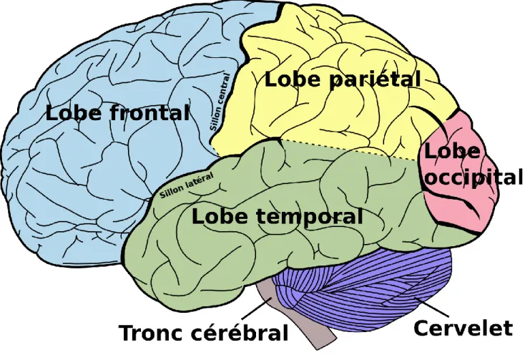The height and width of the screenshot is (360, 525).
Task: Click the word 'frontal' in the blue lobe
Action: coord(150,112)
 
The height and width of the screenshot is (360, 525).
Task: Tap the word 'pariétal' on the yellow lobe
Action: coord(375,79)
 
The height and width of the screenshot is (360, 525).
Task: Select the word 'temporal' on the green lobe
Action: coord(310,215)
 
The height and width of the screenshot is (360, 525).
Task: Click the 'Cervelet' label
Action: coord(463,327)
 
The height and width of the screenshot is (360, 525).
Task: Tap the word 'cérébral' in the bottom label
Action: coord(240,333)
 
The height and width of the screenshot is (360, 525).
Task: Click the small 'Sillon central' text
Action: coord(220,102)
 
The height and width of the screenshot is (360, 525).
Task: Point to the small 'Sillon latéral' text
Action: coord(187,185)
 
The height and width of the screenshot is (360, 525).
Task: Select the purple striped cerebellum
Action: coord(365,288)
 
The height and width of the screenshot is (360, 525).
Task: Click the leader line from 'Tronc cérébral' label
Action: coord(256,308)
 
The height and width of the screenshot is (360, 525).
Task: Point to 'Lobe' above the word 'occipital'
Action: coord(452,151)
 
